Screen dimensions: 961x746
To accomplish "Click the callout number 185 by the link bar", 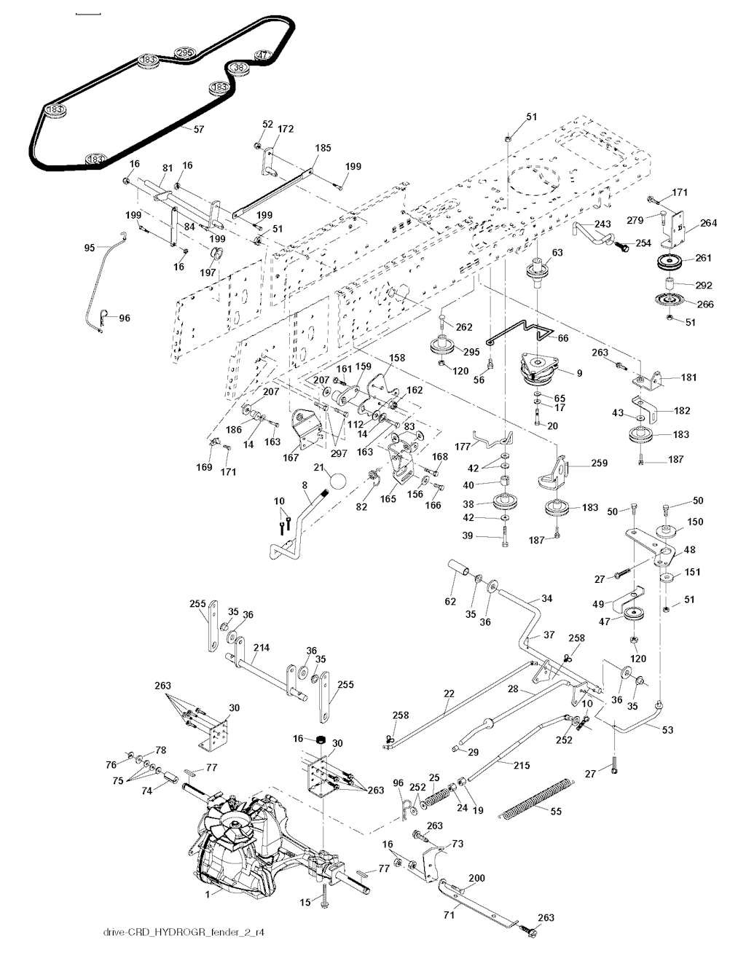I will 322,148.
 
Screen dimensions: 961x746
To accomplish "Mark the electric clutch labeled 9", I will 542,366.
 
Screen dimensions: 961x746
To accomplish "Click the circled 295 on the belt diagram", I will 185,52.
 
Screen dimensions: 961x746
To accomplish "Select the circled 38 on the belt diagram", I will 239,68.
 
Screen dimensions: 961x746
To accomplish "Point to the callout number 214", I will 262,647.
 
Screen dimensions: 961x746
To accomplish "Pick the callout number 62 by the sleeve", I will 449,601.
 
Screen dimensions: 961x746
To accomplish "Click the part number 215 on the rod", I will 521,766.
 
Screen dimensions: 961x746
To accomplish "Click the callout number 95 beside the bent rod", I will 90,248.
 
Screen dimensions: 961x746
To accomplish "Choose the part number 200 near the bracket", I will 476,879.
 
